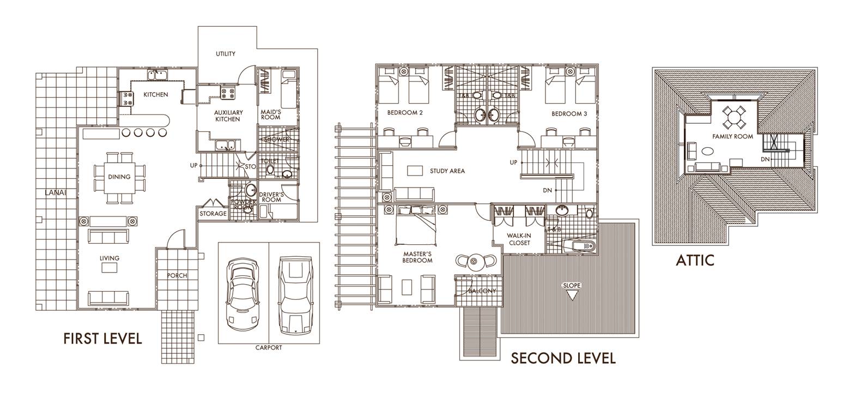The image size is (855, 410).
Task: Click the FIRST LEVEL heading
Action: coord(102,339)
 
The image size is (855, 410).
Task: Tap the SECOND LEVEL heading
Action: coord(563,358)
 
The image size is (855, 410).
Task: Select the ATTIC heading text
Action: coord(695,260)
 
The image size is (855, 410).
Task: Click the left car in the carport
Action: coord(243,292)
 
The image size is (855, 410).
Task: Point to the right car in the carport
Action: coord(294,294)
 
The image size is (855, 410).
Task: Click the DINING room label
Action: coord(119,177)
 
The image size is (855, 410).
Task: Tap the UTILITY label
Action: coord(226,54)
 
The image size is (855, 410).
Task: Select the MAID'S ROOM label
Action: coord(271,114)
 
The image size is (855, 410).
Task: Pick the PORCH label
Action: coord(177,275)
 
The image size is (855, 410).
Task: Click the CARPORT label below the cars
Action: coord(269,347)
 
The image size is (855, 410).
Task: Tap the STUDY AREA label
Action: coord(447,171)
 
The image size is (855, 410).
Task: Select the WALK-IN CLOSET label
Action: coord(519,239)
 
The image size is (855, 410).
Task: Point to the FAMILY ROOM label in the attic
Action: coord(732,136)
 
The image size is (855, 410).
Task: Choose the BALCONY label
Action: coord(482,291)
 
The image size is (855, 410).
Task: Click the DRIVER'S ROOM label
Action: coord(271,197)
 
